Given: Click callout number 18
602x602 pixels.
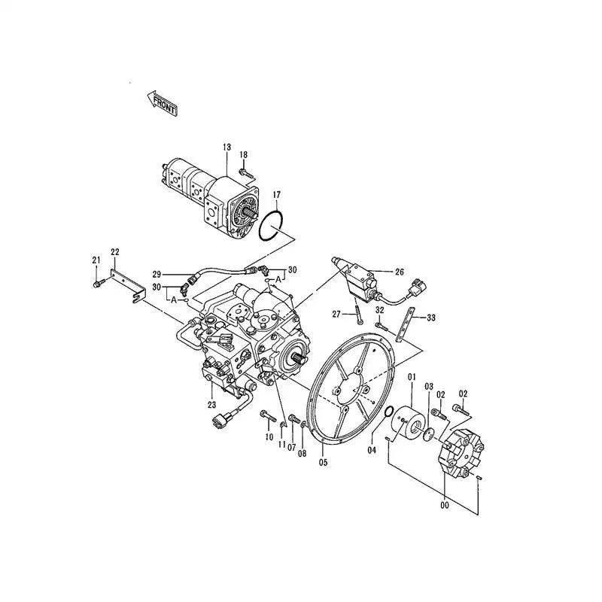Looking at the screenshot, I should [x=243, y=155].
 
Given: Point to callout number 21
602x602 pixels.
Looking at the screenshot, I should [x=96, y=260].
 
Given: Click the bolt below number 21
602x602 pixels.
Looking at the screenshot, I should [x=98, y=283].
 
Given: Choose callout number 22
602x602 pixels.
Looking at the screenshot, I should [x=115, y=251].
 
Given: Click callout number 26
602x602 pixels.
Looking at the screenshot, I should [x=399, y=272].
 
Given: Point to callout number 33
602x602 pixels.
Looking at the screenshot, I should [x=431, y=318].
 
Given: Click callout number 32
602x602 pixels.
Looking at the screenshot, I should [x=380, y=309].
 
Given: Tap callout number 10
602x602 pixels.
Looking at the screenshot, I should [x=268, y=436].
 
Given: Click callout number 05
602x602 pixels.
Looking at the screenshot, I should [x=324, y=462].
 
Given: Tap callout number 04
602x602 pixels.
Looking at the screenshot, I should [x=371, y=450].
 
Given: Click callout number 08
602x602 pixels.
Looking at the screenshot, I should [x=303, y=454].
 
